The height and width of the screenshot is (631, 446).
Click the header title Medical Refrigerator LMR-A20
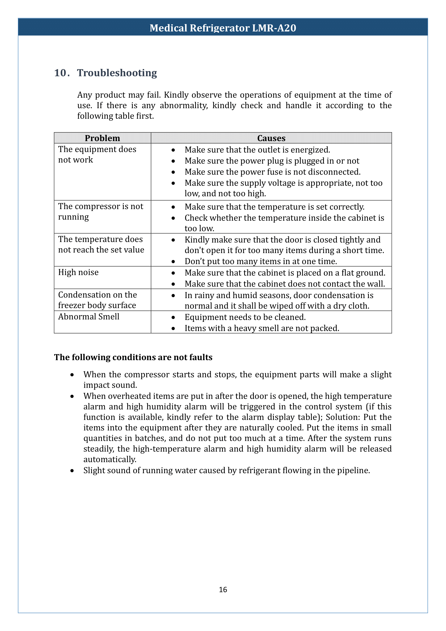pos(223,28)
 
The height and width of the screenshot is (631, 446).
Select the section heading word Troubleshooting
pos(117,73)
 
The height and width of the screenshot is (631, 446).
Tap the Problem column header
pos(102,138)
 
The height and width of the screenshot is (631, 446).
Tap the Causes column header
pos(271,138)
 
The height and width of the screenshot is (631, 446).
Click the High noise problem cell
pos(78,272)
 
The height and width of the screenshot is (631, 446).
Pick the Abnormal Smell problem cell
pos(89,317)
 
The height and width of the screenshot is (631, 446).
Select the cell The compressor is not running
pos(101,212)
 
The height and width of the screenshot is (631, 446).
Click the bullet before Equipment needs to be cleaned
pos(173,318)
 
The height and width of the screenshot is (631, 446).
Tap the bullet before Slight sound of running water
pos(72,471)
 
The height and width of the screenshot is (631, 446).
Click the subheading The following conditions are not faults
pos(133,357)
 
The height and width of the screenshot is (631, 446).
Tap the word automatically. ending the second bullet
pos(110,459)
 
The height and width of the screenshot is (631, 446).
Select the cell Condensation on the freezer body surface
pos(97,300)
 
